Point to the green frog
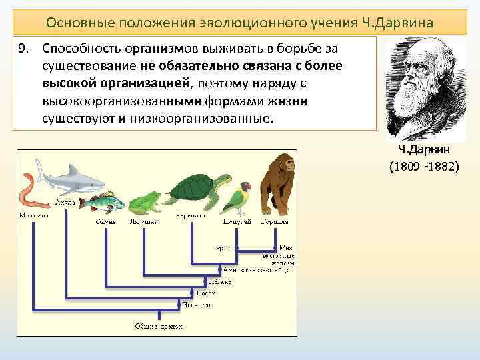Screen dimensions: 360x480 tap(143, 203)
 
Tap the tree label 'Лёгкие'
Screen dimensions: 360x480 tap(219, 282)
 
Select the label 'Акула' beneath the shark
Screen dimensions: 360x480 tap(65, 201)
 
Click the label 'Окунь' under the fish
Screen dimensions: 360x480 tap(106, 221)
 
